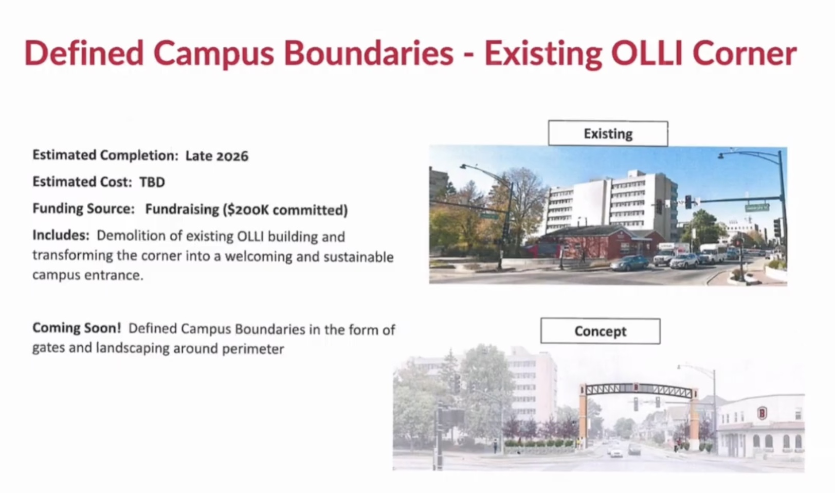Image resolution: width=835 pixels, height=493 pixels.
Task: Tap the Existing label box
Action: pyautogui.click(x=608, y=133)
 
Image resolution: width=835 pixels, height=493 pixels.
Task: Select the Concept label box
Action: pyautogui.click(x=600, y=331)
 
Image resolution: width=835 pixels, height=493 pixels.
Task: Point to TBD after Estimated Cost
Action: pyautogui.click(x=152, y=182)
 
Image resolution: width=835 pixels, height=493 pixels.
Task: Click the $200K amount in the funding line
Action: pyautogui.click(x=247, y=210)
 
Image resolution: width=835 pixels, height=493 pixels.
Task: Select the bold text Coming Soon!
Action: pyautogui.click(x=77, y=328)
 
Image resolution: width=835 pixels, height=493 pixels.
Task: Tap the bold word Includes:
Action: pyautogui.click(x=61, y=235)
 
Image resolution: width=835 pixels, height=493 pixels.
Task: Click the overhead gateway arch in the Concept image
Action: pyautogui.click(x=638, y=391)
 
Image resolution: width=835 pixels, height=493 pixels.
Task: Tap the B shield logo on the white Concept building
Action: pyautogui.click(x=762, y=413)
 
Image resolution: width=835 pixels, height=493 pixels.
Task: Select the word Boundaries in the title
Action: pyautogui.click(x=369, y=54)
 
